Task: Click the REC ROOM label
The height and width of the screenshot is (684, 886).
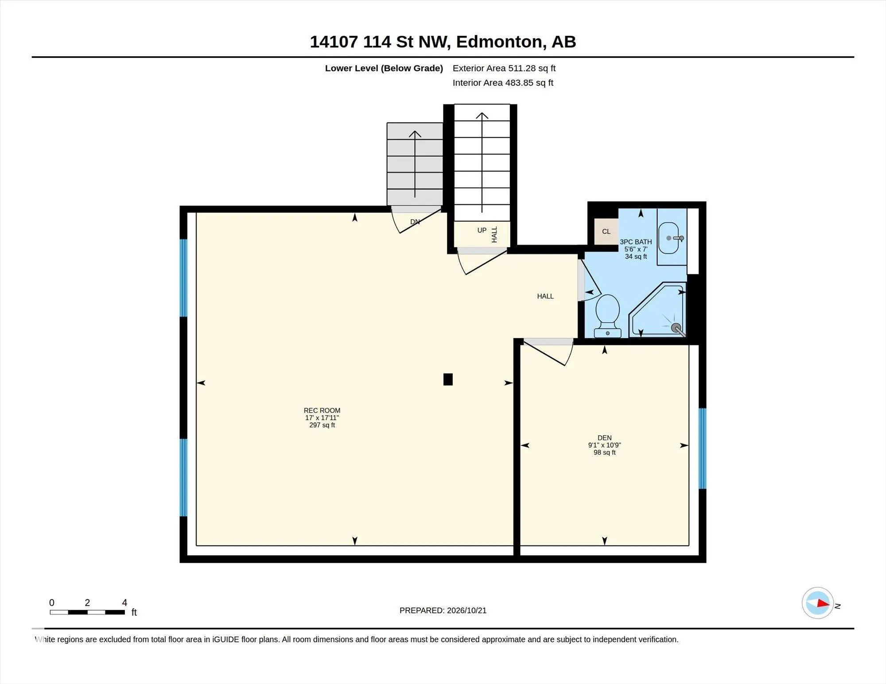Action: tap(322, 410)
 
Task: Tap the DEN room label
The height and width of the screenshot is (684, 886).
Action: tap(604, 438)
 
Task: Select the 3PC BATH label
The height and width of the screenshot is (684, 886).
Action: tap(636, 242)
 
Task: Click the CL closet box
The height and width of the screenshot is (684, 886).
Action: tap(606, 232)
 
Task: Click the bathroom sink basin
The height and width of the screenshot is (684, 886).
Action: tap(668, 238)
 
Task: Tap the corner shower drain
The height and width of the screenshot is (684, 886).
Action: tap(676, 328)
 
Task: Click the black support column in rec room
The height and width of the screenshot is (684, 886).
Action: tap(448, 379)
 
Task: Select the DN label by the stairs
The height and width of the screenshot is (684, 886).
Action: tap(415, 222)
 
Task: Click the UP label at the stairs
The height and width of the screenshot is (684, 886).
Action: tap(482, 230)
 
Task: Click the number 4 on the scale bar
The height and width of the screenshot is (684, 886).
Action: tap(124, 603)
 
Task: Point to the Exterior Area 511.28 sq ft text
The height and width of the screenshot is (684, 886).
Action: tap(504, 68)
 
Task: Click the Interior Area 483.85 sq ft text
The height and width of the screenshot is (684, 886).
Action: tap(503, 83)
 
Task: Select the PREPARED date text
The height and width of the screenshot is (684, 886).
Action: tap(443, 611)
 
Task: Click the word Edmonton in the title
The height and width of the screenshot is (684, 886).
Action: tap(499, 42)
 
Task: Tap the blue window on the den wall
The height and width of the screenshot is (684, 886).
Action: tap(702, 448)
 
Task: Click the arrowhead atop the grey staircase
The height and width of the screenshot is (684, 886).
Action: tap(415, 134)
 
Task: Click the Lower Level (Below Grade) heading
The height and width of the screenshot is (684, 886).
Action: tap(384, 68)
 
